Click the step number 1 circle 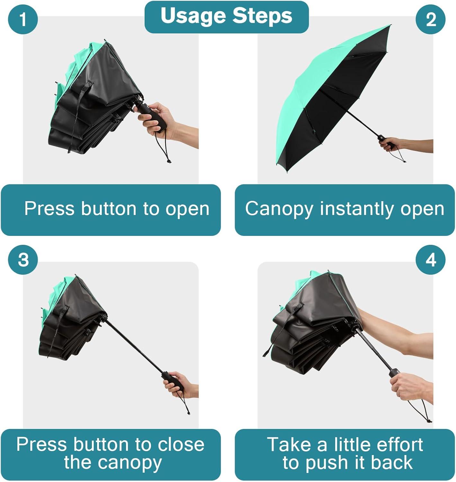23,19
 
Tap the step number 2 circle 431,19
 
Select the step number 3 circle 23,260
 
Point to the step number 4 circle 431,260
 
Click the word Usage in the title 193,16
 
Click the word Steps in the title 263,15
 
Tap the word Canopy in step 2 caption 279,210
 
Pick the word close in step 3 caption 181,444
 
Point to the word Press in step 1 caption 49,209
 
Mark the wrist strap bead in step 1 168,161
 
